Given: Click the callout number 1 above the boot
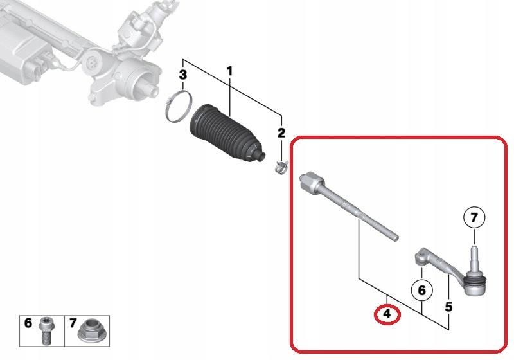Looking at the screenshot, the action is [229, 71].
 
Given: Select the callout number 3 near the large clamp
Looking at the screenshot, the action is [183, 75].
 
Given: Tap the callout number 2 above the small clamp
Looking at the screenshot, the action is [281, 133].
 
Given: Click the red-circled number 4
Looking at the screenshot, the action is [387, 314].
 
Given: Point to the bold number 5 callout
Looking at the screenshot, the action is [448, 307].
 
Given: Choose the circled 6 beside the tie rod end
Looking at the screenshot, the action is [422, 290].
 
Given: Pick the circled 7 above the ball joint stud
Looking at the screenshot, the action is [474, 217].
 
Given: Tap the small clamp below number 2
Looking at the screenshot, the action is [281, 167].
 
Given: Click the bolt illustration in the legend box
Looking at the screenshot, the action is [46, 330].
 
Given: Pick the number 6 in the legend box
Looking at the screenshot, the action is [28, 323].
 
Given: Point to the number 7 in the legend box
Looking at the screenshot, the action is [73, 323].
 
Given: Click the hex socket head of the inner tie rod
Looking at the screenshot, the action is [312, 182].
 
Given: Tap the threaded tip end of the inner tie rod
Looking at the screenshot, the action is [395, 237].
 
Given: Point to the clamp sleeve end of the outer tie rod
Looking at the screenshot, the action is [422, 256].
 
